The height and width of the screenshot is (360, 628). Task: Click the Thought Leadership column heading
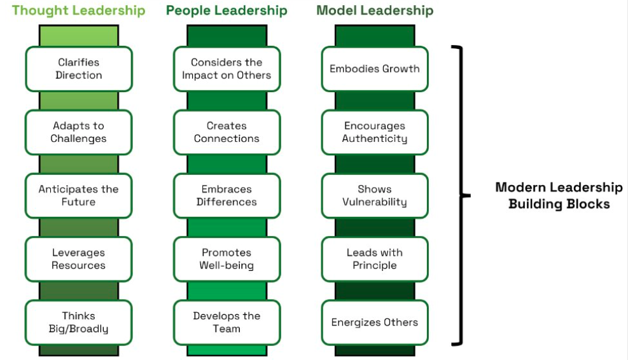[78, 11]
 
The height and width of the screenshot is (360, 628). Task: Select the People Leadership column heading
[227, 11]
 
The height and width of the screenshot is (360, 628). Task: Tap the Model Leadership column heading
[375, 11]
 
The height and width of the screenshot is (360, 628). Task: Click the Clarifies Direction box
[79, 69]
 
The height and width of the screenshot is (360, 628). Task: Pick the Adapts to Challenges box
[79, 132]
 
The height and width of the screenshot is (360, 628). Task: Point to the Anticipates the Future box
[79, 195]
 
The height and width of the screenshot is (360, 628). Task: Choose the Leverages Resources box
[79, 259]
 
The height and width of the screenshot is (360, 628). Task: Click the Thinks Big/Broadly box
[79, 322]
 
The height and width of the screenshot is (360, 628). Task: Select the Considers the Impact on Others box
[227, 69]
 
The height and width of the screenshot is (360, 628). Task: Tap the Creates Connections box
[227, 132]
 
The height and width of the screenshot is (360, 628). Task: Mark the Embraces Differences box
[227, 195]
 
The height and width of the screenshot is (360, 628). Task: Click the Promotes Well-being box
[227, 259]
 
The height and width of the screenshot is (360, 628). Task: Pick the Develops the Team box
[227, 322]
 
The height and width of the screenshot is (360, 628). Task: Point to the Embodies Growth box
[375, 69]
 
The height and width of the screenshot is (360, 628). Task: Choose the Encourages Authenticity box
[375, 132]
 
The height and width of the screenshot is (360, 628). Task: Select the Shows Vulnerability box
[375, 195]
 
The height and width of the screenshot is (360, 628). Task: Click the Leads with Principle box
[375, 259]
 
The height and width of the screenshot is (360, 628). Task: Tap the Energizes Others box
[375, 322]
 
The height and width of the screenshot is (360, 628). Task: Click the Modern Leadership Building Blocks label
[559, 195]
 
